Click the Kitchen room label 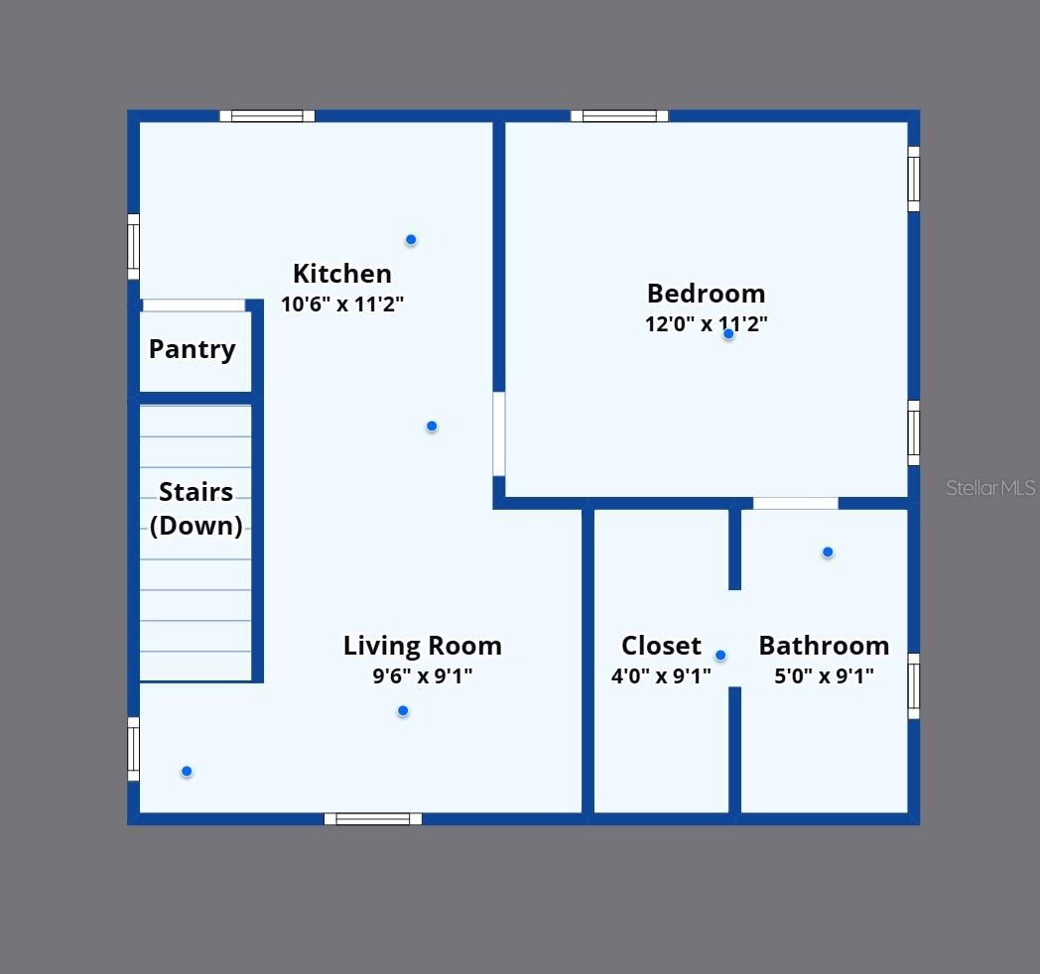click(x=341, y=274)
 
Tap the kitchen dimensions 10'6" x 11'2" click(x=341, y=304)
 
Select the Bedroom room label click(x=706, y=294)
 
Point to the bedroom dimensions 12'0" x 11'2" click(x=706, y=324)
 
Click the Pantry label click(x=192, y=349)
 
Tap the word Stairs click(x=195, y=492)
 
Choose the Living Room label click(x=422, y=646)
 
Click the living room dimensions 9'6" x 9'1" click(x=422, y=676)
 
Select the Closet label click(x=661, y=646)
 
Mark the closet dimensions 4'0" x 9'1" click(x=661, y=676)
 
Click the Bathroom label click(x=824, y=646)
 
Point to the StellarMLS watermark click(x=989, y=488)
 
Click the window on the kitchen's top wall click(x=267, y=116)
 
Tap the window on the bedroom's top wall click(x=619, y=116)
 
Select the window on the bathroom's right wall click(x=914, y=685)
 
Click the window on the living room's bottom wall click(x=373, y=819)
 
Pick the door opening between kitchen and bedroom click(x=499, y=433)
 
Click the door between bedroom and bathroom click(x=795, y=504)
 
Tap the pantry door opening click(x=194, y=305)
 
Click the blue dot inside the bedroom click(x=728, y=334)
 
